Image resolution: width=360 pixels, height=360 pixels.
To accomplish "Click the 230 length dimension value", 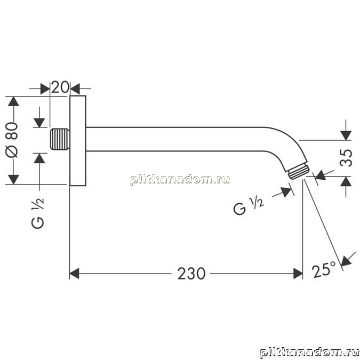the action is coord(191,274).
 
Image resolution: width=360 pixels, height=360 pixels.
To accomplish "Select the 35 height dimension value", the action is coord(346,158).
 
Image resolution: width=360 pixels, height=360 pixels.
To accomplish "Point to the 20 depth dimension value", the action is coord(60,87).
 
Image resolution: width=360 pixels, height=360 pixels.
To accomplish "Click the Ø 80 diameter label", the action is coord(12,140).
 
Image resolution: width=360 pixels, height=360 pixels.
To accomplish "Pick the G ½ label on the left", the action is coord(37,213).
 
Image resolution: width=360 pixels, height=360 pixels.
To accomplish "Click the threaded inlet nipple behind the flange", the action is coord(60,139).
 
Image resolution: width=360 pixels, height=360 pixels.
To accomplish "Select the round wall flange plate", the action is coord(78,140).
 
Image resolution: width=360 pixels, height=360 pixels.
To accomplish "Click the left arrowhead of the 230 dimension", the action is coord(74,274).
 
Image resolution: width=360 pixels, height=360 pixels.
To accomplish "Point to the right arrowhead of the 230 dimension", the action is coord(298,274).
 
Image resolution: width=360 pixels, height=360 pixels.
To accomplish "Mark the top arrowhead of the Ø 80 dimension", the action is coord(13,101).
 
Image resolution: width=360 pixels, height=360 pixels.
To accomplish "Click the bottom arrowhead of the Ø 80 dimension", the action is coord(13,180).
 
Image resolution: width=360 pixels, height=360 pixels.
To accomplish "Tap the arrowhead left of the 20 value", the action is coord(45,89).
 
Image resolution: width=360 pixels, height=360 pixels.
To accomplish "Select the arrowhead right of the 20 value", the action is coord(75,89).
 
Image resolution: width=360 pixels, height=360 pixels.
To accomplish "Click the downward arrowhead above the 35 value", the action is coord(346,135).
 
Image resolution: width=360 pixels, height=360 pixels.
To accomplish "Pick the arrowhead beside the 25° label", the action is coord(347,261).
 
